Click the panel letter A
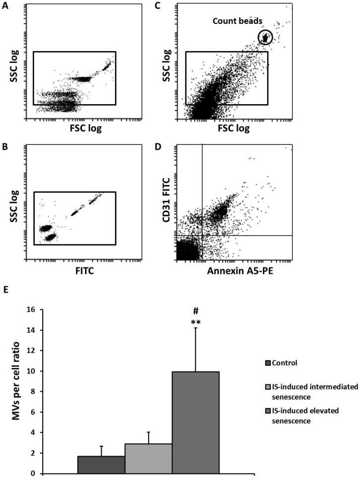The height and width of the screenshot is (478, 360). coord(4,6)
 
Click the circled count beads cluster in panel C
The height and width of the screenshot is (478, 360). coord(266,37)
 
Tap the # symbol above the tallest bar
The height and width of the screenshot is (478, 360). coord(195,311)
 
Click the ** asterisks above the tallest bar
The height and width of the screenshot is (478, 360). coord(195,322)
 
